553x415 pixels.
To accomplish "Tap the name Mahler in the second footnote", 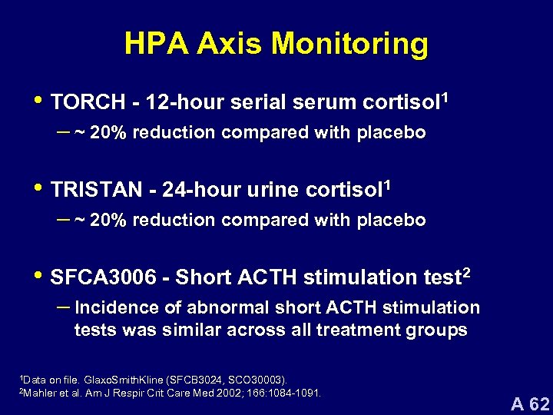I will [x=38, y=393].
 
